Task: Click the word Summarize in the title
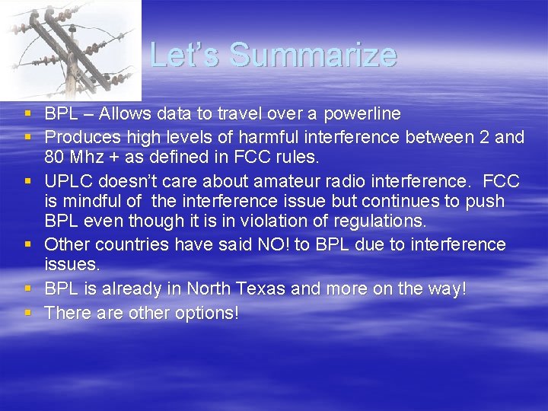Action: [313, 55]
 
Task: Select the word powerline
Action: [362, 114]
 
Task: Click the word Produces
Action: [79, 137]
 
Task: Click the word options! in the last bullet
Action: [205, 312]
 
